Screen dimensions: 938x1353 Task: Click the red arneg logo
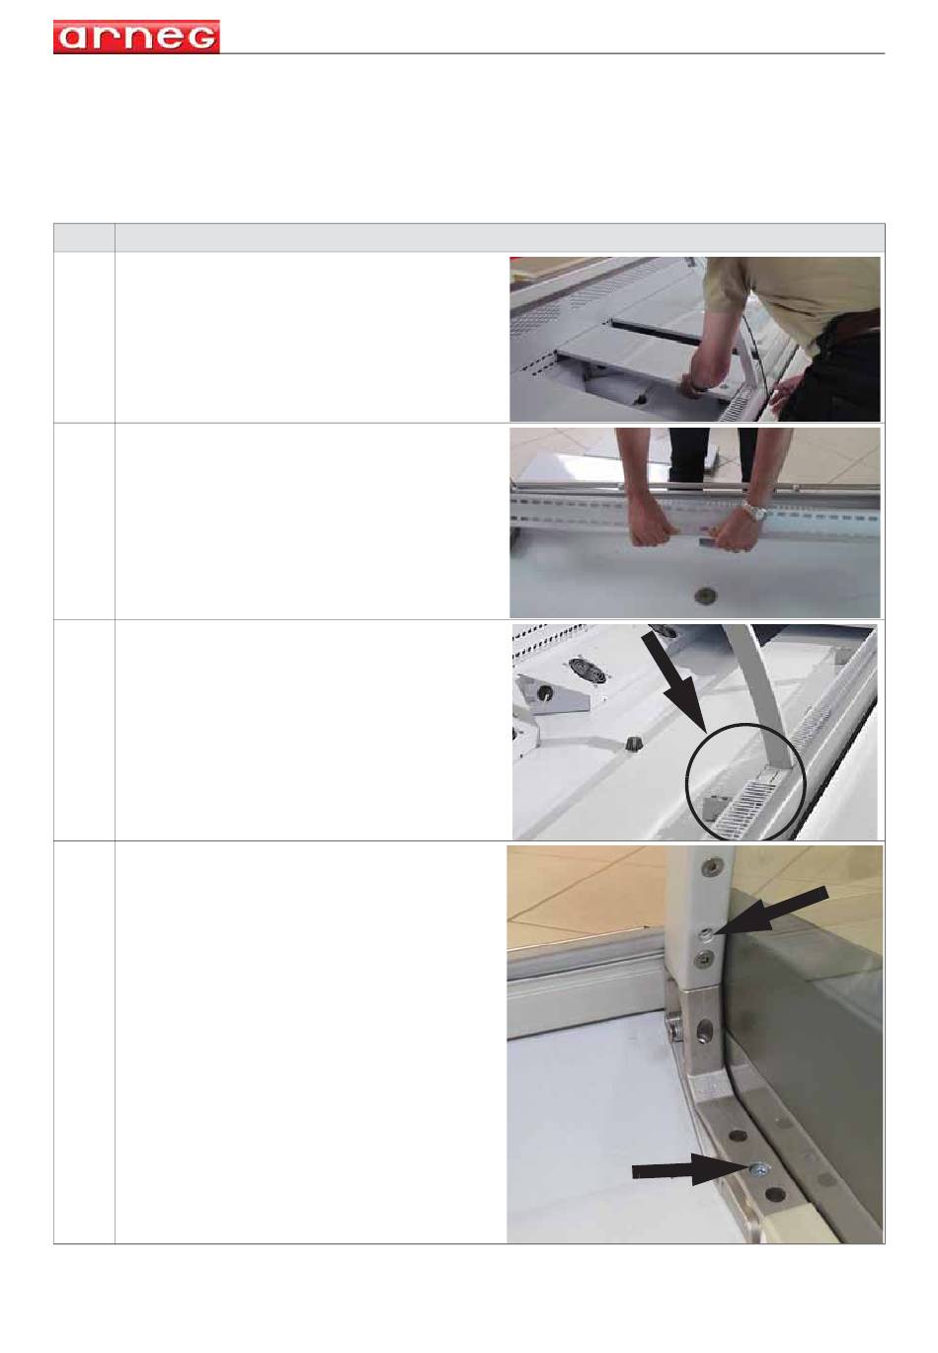pyautogui.click(x=136, y=37)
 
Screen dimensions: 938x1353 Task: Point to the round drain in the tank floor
pyautogui.click(x=703, y=595)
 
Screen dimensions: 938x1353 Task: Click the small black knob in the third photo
pyautogui.click(x=632, y=744)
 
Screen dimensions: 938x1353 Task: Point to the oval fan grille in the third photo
pyautogui.click(x=586, y=671)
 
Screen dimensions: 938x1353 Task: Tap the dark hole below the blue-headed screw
pyautogui.click(x=775, y=1194)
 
